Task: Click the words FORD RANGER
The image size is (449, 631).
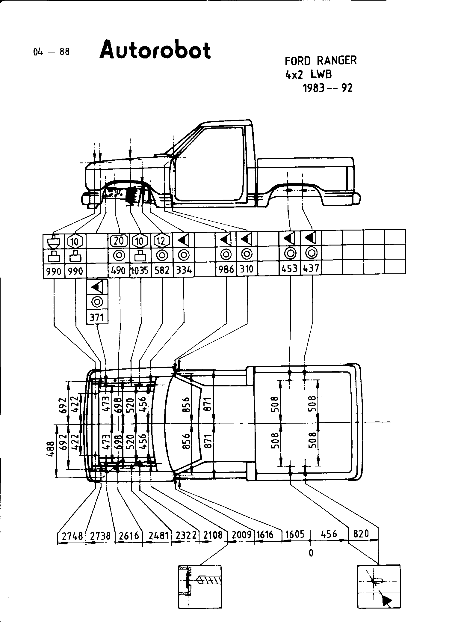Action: [x=321, y=61]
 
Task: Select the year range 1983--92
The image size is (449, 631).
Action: [x=328, y=88]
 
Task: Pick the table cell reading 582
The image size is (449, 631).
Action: [x=162, y=271]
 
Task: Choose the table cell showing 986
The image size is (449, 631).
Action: [x=226, y=269]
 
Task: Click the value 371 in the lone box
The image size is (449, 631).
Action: [x=97, y=317]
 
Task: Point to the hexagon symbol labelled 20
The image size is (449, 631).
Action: [x=119, y=240]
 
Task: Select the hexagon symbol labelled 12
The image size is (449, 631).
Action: [x=162, y=240]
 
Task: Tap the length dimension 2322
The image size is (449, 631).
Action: [x=186, y=535]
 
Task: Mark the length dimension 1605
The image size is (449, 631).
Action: [x=295, y=534]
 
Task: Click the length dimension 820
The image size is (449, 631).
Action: [x=361, y=534]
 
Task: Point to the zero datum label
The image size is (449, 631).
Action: [x=311, y=553]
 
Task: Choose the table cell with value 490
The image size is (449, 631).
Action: [x=118, y=271]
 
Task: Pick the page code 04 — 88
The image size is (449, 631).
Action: [x=51, y=52]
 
